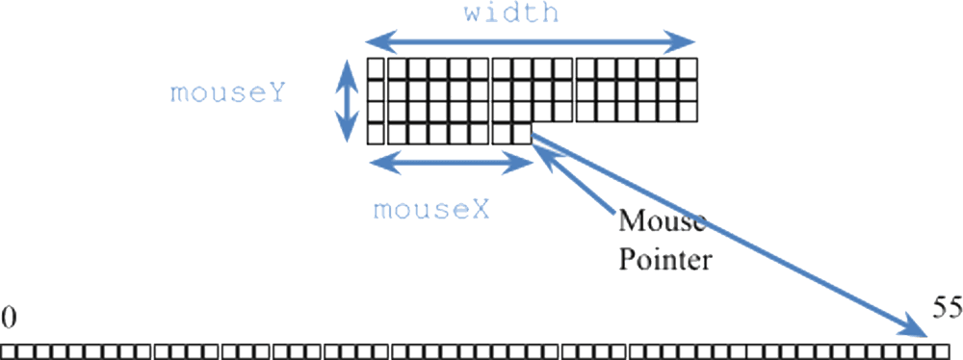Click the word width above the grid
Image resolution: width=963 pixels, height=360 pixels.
(x=509, y=14)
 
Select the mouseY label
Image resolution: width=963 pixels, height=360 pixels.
(x=227, y=93)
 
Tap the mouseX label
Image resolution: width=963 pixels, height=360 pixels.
(x=430, y=209)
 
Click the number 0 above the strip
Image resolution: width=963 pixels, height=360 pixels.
(x=8, y=316)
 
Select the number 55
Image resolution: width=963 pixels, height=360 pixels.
(x=947, y=307)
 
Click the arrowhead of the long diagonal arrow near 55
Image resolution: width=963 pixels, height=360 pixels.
(x=916, y=331)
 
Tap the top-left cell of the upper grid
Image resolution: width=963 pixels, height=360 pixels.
(x=376, y=69)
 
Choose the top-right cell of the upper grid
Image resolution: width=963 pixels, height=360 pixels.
(x=687, y=69)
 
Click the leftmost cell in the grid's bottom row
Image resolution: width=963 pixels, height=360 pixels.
(x=376, y=133)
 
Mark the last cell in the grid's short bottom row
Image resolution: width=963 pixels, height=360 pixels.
(x=521, y=133)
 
